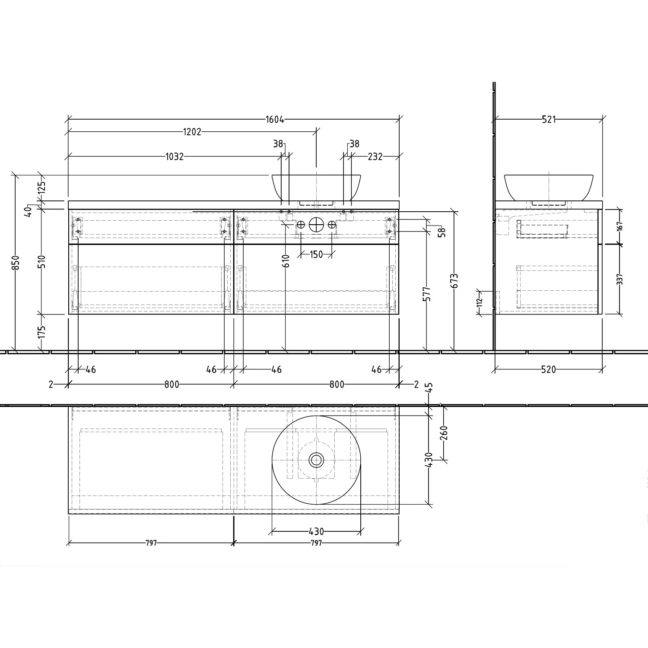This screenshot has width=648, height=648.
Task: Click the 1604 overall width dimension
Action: (275, 120)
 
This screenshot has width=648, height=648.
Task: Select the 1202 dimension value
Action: (192, 132)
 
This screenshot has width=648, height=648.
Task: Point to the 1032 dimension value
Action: (175, 156)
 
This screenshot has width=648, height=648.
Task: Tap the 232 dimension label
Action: (375, 156)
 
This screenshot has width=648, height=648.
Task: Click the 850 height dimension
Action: (16, 263)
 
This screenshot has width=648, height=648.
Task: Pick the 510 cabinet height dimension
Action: (41, 261)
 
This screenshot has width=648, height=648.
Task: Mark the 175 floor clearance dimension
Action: (41, 332)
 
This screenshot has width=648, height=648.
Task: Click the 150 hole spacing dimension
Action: (316, 254)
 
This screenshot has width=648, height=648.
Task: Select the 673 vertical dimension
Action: (454, 281)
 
